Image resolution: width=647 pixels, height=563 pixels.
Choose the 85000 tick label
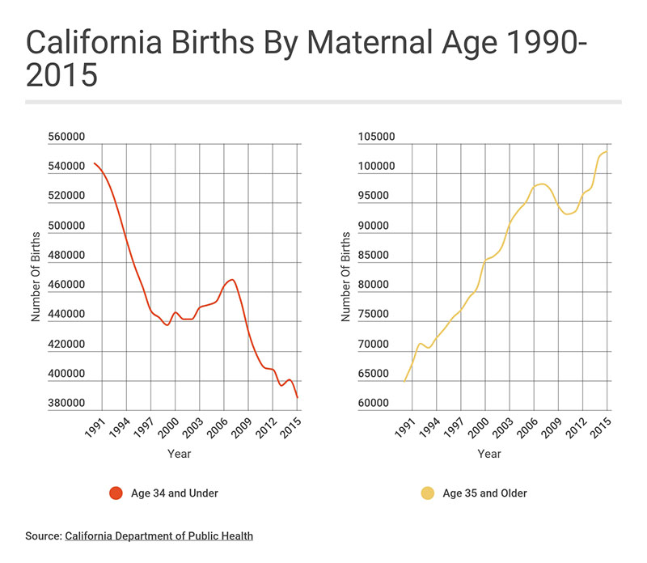pyautogui.click(x=378, y=256)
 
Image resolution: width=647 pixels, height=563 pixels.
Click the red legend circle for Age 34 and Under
pyautogui.click(x=115, y=493)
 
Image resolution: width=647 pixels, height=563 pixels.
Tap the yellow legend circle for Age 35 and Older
pyautogui.click(x=426, y=493)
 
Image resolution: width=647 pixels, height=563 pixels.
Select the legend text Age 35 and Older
pyautogui.click(x=484, y=493)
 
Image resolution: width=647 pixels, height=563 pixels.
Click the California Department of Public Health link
pyautogui.click(x=159, y=535)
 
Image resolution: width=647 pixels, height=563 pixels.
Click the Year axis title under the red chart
pyautogui.click(x=180, y=454)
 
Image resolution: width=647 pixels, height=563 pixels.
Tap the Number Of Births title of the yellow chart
pyautogui.click(x=346, y=275)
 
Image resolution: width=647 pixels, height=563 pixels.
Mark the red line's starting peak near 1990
pyautogui.click(x=95, y=163)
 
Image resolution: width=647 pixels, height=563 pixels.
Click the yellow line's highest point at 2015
pyautogui.click(x=607, y=151)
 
